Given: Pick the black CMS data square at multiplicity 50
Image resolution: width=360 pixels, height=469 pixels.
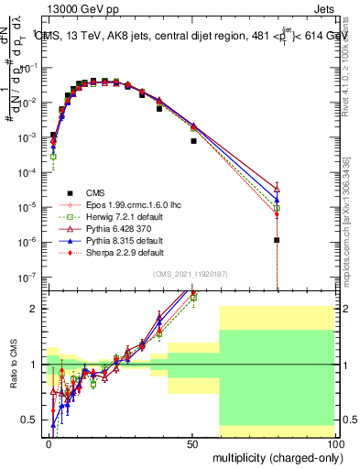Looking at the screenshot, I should pos(193,141).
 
